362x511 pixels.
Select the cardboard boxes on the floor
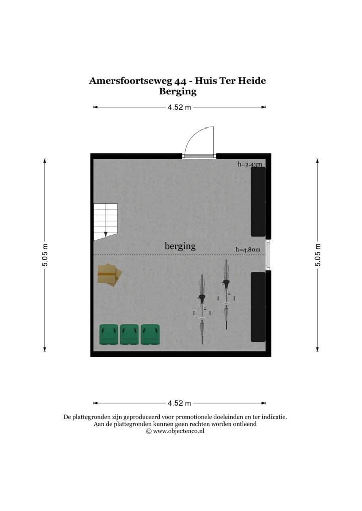pos(109,275)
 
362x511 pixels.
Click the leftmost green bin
pos(109,335)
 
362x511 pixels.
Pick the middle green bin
pos(129,335)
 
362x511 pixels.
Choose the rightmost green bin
pos(150,335)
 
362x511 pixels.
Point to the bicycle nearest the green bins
pos(202,308)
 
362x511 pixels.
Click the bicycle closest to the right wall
pos(226,294)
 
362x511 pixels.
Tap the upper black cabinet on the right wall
pos(258,201)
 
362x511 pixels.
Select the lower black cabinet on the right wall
pos(258,306)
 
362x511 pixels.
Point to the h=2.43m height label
pos(250,164)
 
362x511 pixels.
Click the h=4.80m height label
pos(249,249)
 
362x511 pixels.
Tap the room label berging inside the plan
pos(180,246)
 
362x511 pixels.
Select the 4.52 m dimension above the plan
pos(179,107)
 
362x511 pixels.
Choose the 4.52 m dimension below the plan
pos(179,403)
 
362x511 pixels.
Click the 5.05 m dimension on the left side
pos(45,255)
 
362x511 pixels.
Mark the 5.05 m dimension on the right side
pos(317,255)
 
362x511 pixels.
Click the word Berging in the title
pos(177,91)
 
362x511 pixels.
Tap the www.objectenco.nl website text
pos(178,431)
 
